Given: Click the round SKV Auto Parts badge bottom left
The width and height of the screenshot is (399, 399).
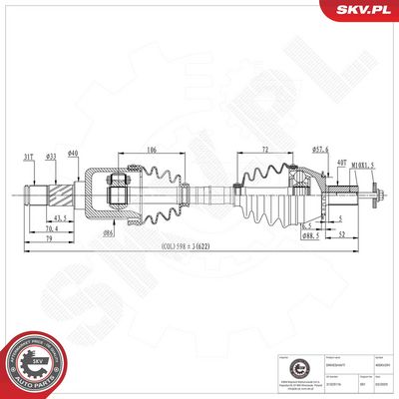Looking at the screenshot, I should (x=32, y=359).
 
